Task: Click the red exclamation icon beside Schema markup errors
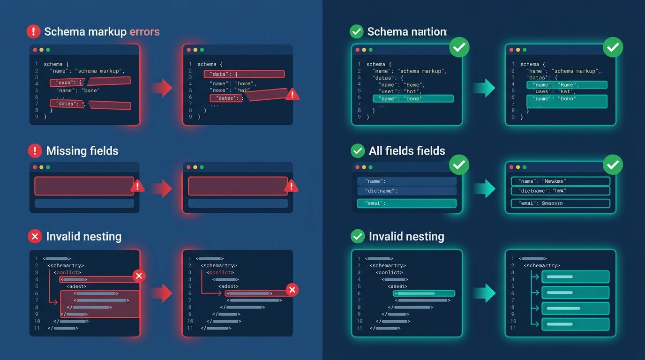pyautogui.click(x=33, y=31)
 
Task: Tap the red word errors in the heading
pyautogui.click(x=144, y=32)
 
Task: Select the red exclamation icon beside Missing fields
pyautogui.click(x=35, y=150)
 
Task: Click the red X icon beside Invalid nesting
pyautogui.click(x=35, y=236)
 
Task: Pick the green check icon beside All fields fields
pyautogui.click(x=358, y=150)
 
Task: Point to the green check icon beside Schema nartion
pyautogui.click(x=357, y=31)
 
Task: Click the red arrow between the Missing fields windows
pyautogui.click(x=162, y=188)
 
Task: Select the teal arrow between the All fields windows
pyautogui.click(x=484, y=188)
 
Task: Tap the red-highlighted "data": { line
pyautogui.click(x=244, y=74)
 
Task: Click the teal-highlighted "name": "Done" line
pyautogui.click(x=412, y=98)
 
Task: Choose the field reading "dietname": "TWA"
pyautogui.click(x=560, y=191)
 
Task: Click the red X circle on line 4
pyautogui.click(x=138, y=276)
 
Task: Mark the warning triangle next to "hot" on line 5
pyautogui.click(x=292, y=94)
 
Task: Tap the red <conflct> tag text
pyautogui.click(x=220, y=272)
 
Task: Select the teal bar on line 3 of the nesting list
pyautogui.click(x=575, y=277)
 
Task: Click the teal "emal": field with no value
pyautogui.click(x=406, y=203)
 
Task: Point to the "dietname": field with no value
pyautogui.click(x=406, y=191)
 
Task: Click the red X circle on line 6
pyautogui.click(x=292, y=290)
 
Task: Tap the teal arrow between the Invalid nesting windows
pyautogui.click(x=484, y=293)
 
